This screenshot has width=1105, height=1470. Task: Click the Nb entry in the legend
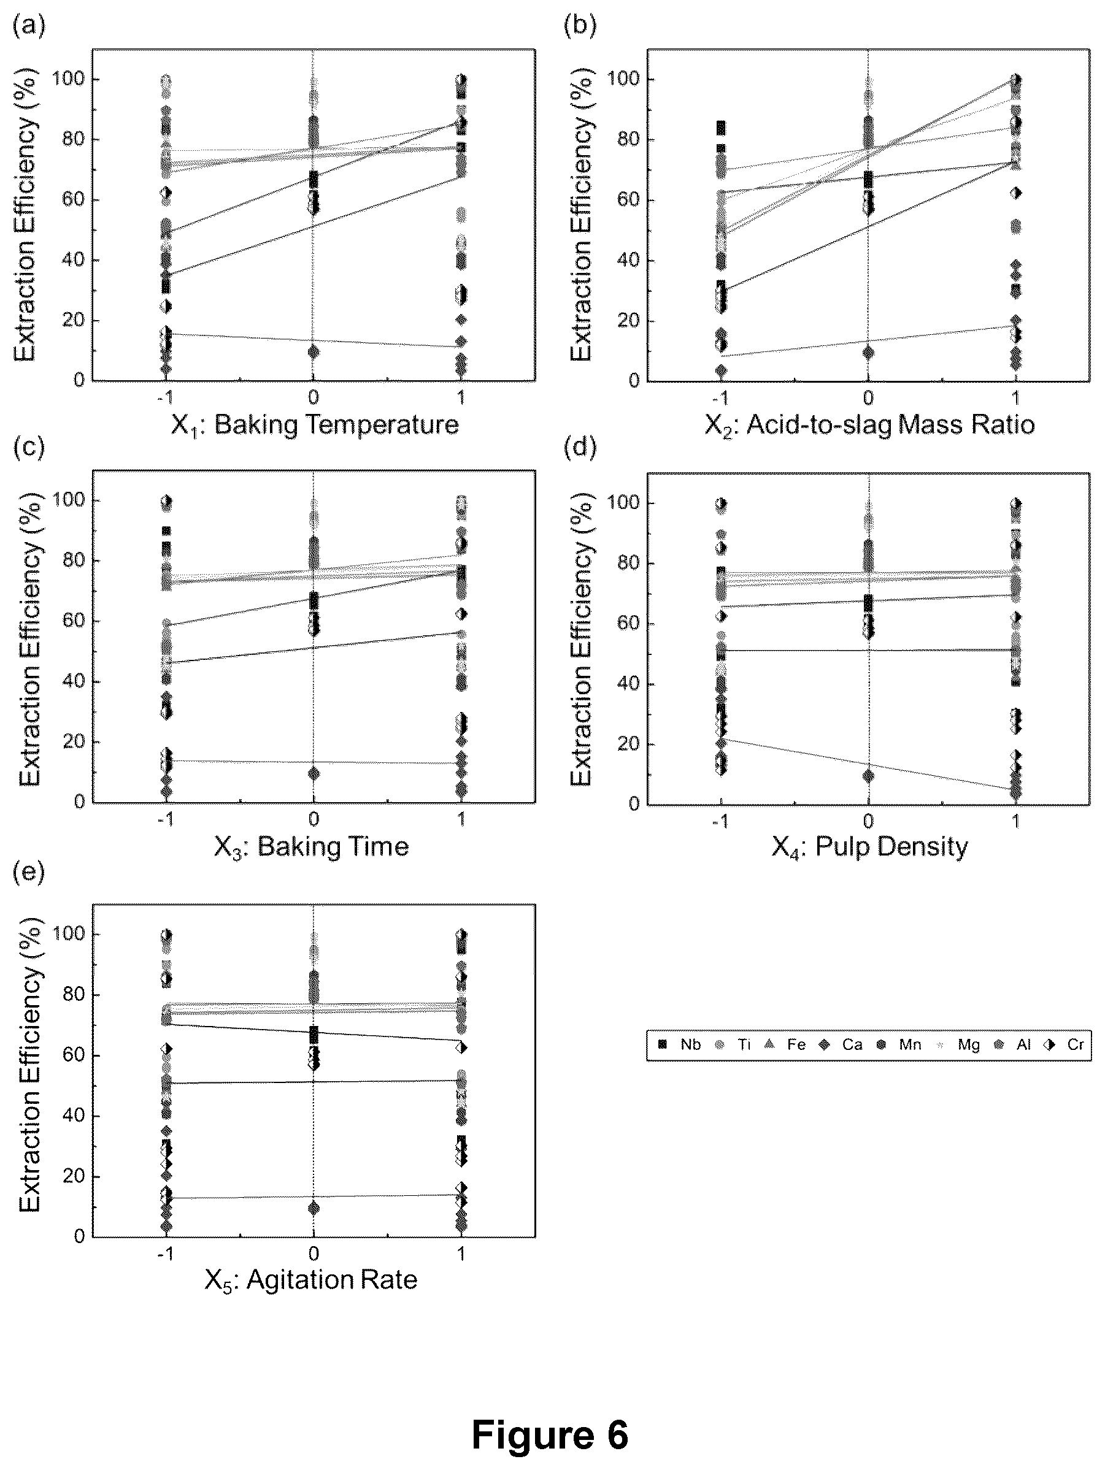(x=679, y=1044)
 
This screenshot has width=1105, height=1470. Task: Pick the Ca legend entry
(x=841, y=1044)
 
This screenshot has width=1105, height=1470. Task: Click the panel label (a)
(x=29, y=27)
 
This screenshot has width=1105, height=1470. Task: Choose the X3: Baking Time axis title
(x=311, y=848)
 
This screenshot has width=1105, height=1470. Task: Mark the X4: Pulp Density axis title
(x=869, y=848)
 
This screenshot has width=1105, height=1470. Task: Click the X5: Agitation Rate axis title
(x=311, y=1279)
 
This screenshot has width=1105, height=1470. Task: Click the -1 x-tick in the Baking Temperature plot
(x=165, y=397)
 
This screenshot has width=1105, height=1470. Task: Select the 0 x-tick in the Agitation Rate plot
(x=314, y=1254)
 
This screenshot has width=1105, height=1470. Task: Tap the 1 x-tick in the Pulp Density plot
(x=1016, y=821)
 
